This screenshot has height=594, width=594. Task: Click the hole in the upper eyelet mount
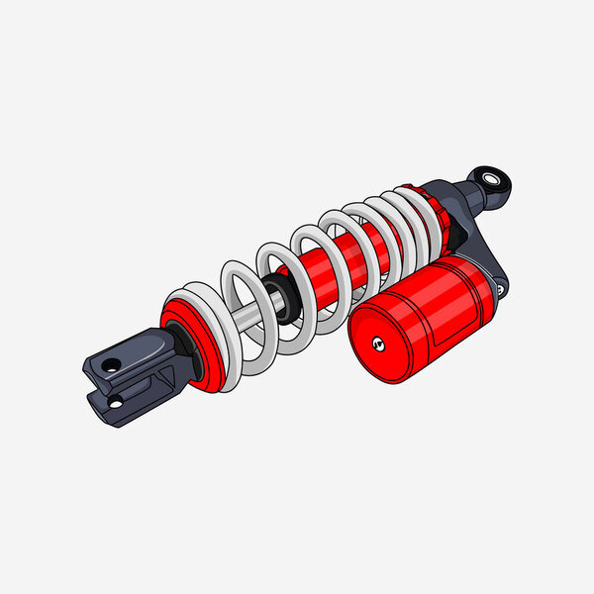pyautogui.click(x=492, y=180)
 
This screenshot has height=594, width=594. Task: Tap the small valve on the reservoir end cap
pyautogui.click(x=376, y=345)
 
